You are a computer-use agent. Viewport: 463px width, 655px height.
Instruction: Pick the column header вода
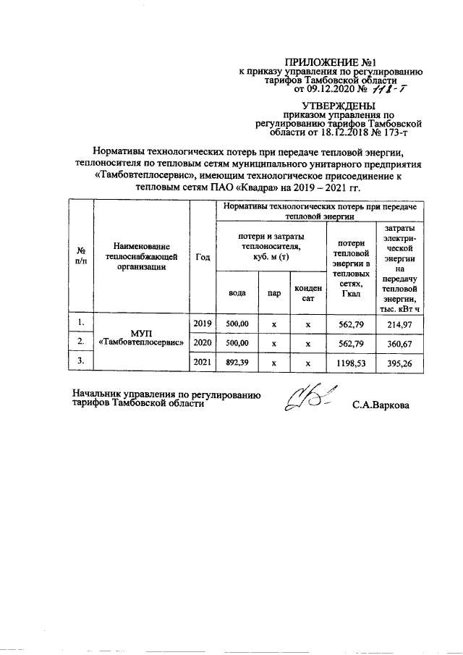tap(236, 294)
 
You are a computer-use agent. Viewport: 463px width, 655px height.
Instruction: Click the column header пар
tap(273, 294)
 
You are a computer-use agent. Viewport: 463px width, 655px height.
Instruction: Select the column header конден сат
tap(307, 293)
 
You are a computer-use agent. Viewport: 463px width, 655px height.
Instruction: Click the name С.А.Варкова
tap(381, 405)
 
